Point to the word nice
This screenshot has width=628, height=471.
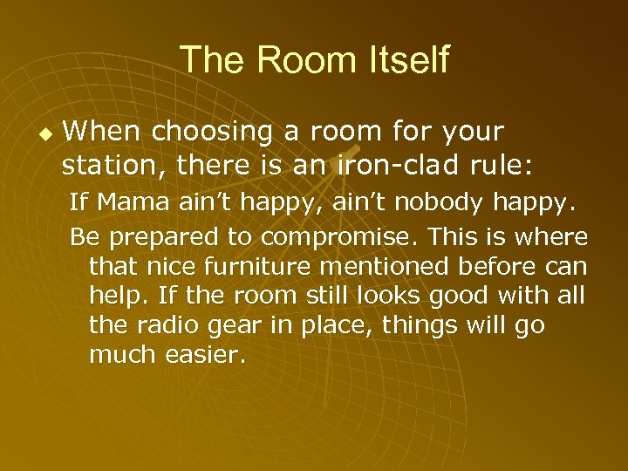(164, 266)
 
